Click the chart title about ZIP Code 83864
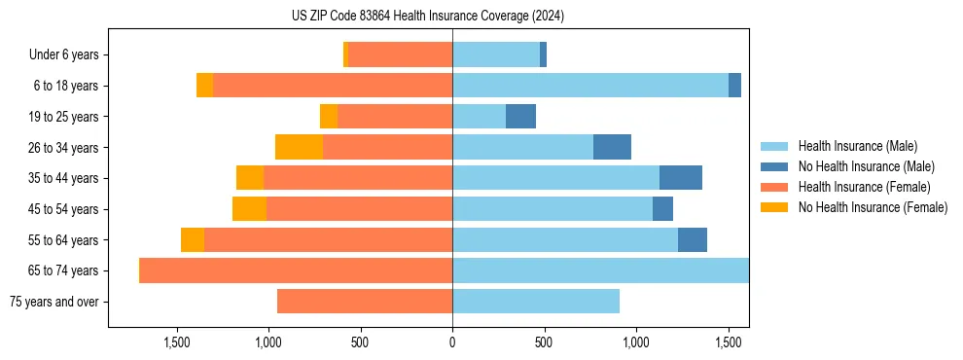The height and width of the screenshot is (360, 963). [x=428, y=16]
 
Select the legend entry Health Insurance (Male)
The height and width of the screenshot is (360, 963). [x=857, y=146]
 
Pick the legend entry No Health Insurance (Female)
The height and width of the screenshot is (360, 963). [x=873, y=207]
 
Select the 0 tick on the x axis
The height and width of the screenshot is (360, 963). [x=452, y=342]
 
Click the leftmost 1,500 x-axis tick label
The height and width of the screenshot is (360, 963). [x=177, y=342]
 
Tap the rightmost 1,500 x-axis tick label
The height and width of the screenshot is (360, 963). [x=729, y=342]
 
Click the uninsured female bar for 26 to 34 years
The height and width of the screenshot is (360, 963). [x=299, y=147]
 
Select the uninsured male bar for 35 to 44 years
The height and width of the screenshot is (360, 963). [x=681, y=178]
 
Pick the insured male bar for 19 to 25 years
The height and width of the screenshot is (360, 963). [x=479, y=117]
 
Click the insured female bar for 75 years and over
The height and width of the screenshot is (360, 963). [x=365, y=302]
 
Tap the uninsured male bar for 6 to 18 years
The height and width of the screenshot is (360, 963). [x=734, y=86]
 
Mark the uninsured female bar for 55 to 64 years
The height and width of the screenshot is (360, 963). [x=193, y=239]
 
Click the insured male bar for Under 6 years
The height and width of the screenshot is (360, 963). [x=496, y=54]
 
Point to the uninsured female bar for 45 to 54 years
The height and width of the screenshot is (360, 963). [x=249, y=209]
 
